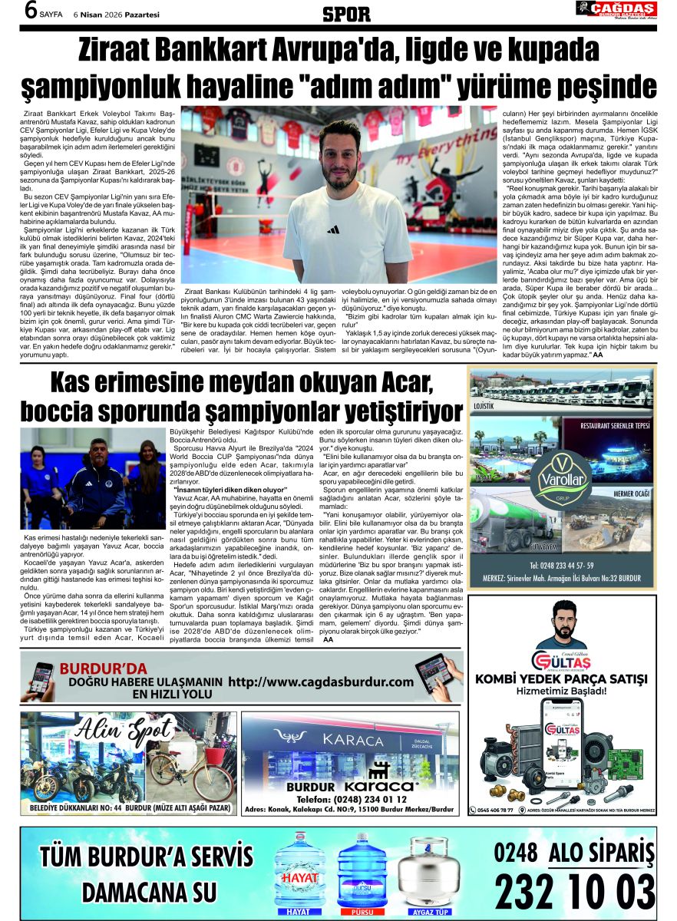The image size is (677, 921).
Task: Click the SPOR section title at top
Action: coord(345,14)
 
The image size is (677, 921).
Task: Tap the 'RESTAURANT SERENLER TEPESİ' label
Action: coord(616,425)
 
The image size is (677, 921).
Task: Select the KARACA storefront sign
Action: coord(353,740)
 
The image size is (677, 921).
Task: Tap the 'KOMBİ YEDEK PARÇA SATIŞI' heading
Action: coord(564,678)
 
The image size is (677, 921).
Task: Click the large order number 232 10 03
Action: coord(575,891)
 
